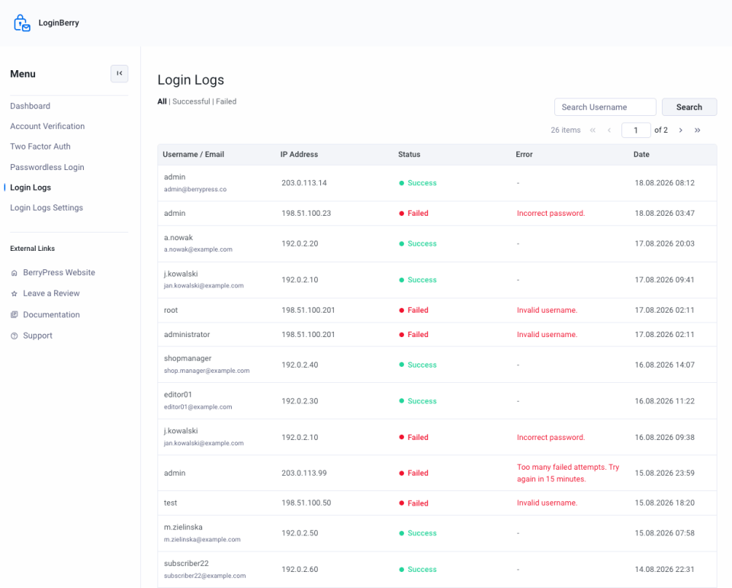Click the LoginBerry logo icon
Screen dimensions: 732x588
tap(22, 23)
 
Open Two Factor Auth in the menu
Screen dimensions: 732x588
tap(40, 146)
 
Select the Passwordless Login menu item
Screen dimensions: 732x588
tap(47, 167)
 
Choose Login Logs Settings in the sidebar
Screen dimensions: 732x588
tap(47, 208)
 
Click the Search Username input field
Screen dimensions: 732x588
tap(605, 107)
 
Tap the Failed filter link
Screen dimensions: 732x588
tap(226, 101)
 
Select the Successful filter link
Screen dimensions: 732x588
tap(191, 101)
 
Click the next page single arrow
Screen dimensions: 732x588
tap(681, 130)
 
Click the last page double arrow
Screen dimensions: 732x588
tap(698, 130)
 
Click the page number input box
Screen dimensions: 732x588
tap(636, 130)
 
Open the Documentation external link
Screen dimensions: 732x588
tap(51, 315)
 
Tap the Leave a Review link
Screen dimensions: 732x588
tap(51, 294)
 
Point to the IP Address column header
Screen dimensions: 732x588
tap(299, 155)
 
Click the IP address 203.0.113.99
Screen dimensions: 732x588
tap(304, 473)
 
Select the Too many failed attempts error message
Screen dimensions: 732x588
tap(568, 473)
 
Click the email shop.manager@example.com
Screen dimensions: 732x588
tap(207, 371)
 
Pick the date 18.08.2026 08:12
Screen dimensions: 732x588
tap(664, 183)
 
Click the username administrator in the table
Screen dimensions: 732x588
tap(187, 334)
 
